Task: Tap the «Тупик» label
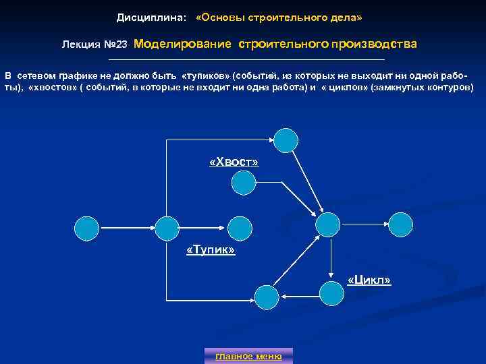210,251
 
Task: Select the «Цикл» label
369,279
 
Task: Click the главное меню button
248,356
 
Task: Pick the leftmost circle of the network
86,229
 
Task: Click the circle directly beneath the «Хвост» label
243,182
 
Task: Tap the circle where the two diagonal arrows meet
329,225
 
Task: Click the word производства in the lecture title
374,44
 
